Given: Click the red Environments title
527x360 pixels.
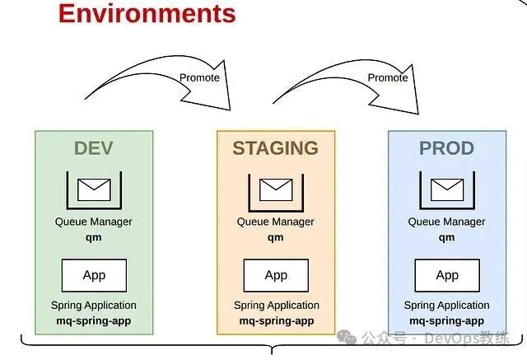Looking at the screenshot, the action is (x=147, y=13).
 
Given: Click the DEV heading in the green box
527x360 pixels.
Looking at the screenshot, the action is (x=93, y=148).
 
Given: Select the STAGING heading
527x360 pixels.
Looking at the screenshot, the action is (x=276, y=148).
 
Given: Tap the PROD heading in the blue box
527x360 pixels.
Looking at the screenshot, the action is (x=446, y=148).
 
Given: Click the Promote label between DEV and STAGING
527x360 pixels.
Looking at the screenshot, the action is (x=199, y=77).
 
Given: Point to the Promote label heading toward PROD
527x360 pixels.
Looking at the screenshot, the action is (x=388, y=77).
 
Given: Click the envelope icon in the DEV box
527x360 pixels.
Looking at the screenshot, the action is (x=94, y=190).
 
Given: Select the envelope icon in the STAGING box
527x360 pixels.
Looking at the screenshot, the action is (x=276, y=190).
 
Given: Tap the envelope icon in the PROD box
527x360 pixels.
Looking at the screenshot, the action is (x=447, y=190).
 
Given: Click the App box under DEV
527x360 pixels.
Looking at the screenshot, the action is (x=94, y=275).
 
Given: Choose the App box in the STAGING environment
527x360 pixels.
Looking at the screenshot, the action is (x=276, y=275).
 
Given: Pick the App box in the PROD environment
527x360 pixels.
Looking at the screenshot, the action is (x=447, y=275).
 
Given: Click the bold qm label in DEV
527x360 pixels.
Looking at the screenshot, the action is (x=93, y=237).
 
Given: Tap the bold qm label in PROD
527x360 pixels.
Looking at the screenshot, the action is (x=446, y=237).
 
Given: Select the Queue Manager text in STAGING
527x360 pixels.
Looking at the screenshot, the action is (x=276, y=222).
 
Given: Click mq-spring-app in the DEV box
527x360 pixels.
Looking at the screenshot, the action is (x=93, y=321).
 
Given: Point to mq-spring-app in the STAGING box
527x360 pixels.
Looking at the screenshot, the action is (x=277, y=321).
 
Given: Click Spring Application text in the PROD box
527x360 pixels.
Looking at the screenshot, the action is (x=446, y=305).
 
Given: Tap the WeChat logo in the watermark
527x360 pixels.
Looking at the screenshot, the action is (x=347, y=337).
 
